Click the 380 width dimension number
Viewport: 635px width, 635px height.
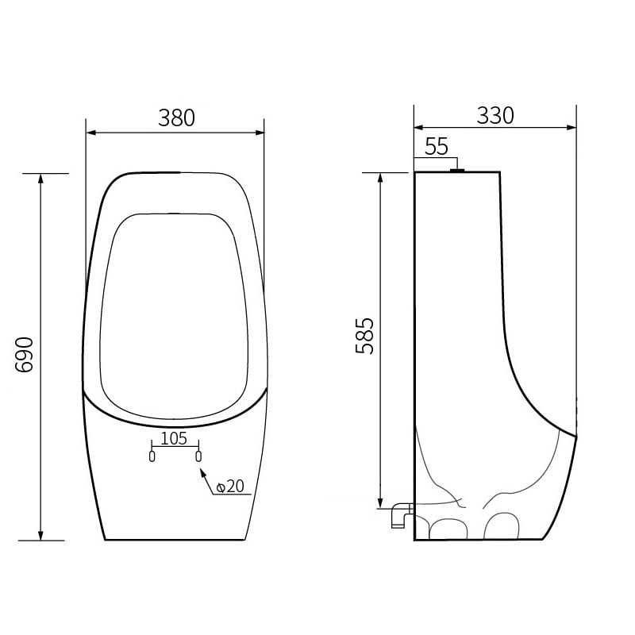click(176, 118)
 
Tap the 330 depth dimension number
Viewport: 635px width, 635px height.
click(495, 115)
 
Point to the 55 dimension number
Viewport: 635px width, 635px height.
click(437, 146)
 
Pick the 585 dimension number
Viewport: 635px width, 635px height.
click(364, 336)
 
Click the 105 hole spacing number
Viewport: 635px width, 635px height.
click(174, 438)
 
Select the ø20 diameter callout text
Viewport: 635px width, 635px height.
click(229, 486)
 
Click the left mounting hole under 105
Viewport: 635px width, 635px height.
click(152, 456)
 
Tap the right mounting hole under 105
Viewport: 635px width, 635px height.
click(198, 456)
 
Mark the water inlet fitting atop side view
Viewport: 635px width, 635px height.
click(456, 168)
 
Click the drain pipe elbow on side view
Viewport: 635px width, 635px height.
click(399, 515)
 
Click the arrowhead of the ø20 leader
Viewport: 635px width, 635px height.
click(202, 471)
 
